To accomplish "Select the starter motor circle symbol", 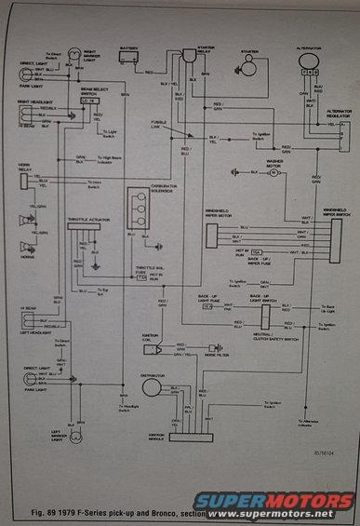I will pyautogui.click(x=248, y=66).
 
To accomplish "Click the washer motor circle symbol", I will pyautogui.click(x=273, y=172).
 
